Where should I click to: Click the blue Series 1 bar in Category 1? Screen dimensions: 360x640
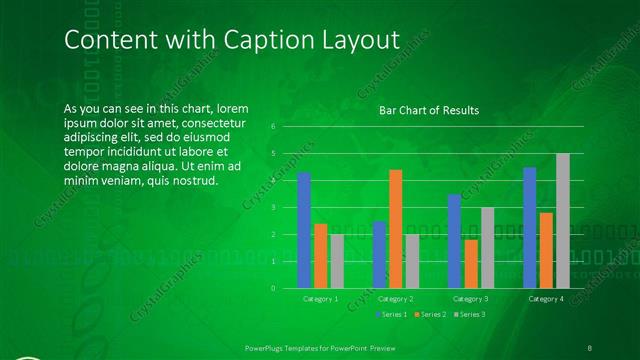click(304, 231)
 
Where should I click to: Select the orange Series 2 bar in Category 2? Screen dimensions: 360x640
click(396, 229)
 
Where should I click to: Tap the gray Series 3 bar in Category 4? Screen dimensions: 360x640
click(563, 221)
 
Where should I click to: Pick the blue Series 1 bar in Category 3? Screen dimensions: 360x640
click(454, 241)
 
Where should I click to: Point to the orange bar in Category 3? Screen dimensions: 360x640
click(471, 264)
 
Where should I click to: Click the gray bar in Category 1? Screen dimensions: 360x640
click(337, 261)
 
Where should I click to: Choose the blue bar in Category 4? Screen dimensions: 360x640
click(530, 228)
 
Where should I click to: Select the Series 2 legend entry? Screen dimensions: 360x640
click(431, 315)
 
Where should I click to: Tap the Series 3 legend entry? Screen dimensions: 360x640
click(470, 315)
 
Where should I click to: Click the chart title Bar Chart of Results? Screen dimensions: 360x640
click(429, 110)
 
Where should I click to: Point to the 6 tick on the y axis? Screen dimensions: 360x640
click(273, 127)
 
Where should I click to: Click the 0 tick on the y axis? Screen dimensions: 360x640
click(273, 288)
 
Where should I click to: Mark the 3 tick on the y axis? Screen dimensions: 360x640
click(273, 208)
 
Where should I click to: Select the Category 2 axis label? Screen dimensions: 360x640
click(396, 299)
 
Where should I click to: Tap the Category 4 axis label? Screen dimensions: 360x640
click(546, 299)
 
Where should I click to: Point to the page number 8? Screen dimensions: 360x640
click(590, 347)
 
